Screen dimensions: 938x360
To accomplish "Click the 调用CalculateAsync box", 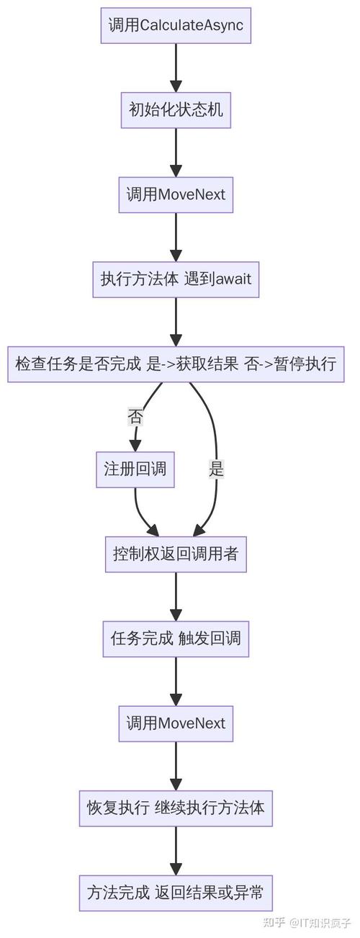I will [176, 25].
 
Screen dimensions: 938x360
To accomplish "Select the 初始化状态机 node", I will [176, 109].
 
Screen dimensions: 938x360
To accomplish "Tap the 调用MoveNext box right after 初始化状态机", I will [176, 194].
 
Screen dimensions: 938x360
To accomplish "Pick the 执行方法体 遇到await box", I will [176, 279].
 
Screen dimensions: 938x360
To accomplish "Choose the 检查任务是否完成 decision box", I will [176, 364].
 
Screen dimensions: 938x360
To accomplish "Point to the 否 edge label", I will [135, 415].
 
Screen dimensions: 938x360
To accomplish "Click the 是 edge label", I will [216, 469].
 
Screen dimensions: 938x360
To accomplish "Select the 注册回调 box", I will [135, 469].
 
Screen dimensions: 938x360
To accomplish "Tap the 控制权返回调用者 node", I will [176, 554].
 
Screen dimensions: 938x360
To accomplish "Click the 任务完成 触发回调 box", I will [176, 639].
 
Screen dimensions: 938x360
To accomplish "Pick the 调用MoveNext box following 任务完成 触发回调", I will [176, 723].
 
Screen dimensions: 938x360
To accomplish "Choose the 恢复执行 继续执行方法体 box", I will [176, 808].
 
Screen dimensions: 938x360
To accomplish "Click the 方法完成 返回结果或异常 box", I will [176, 893].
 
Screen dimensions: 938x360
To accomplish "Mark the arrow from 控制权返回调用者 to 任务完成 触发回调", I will [176, 596].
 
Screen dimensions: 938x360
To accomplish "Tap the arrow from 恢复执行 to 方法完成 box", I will [176, 850].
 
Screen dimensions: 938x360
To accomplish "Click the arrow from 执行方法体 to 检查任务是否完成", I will [176, 321].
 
